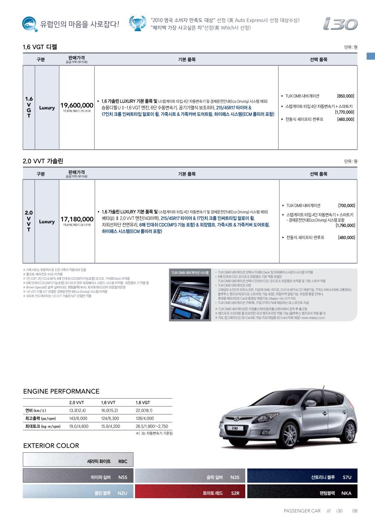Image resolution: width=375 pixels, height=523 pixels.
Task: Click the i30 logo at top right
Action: coord(340,24)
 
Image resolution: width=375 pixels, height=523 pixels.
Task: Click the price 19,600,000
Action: coord(76,105)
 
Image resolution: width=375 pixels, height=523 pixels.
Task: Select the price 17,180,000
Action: coord(77,219)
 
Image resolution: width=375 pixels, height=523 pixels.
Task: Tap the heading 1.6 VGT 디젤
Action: coord(40,47)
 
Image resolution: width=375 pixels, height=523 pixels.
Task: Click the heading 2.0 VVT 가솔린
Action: coord(43,161)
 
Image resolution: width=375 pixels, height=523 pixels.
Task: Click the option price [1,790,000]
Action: coord(345,225)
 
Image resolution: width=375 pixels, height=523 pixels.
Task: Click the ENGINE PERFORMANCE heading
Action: coord(61,391)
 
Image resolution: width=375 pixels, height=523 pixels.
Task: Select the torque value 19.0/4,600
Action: coord(78,426)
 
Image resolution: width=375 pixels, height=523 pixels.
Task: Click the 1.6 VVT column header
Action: coord(109,403)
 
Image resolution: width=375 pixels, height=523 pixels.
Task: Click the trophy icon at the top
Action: coord(137,23)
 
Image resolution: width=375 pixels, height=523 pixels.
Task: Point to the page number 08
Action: coord(355,511)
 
